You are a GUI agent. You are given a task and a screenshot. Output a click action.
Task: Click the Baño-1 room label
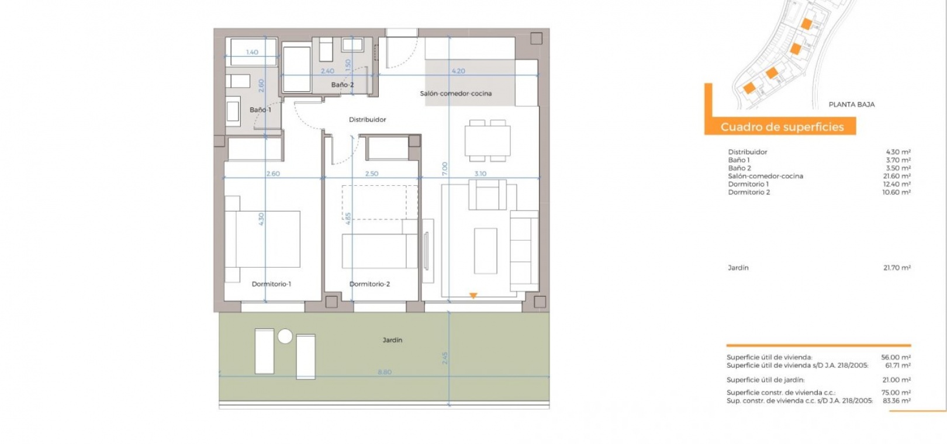pos(261,110)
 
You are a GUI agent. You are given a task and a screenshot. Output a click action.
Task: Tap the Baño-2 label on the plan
pos(343,85)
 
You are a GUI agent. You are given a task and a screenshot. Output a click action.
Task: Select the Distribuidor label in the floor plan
pos(367,120)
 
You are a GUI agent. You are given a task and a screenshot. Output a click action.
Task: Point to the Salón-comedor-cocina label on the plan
pos(456,93)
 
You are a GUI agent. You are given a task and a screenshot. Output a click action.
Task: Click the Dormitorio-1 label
pos(271,284)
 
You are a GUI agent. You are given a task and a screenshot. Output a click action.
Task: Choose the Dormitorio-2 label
pos(370,284)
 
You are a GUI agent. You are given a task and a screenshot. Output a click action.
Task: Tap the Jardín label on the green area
pos(392,339)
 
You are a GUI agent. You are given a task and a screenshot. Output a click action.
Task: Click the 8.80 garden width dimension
pos(385,372)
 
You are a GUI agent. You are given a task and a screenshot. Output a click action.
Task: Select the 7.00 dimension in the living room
pos(444,169)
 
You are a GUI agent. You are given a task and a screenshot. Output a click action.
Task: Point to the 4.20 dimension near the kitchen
pos(458,71)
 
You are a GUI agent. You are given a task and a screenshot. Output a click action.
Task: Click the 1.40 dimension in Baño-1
pos(252,53)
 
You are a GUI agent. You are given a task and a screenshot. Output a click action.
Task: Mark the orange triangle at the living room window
pos(473,296)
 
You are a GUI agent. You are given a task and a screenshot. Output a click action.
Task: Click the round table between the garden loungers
pos(285,337)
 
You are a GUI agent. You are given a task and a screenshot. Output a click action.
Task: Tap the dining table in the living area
pos(488,141)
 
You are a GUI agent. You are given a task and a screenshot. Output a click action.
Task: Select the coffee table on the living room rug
pos(485,251)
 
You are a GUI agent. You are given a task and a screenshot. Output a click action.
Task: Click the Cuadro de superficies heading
pos(782,127)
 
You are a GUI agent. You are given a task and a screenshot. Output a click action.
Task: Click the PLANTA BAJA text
pos(852,105)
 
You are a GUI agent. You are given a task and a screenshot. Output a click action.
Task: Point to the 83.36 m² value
pos(897,401)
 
